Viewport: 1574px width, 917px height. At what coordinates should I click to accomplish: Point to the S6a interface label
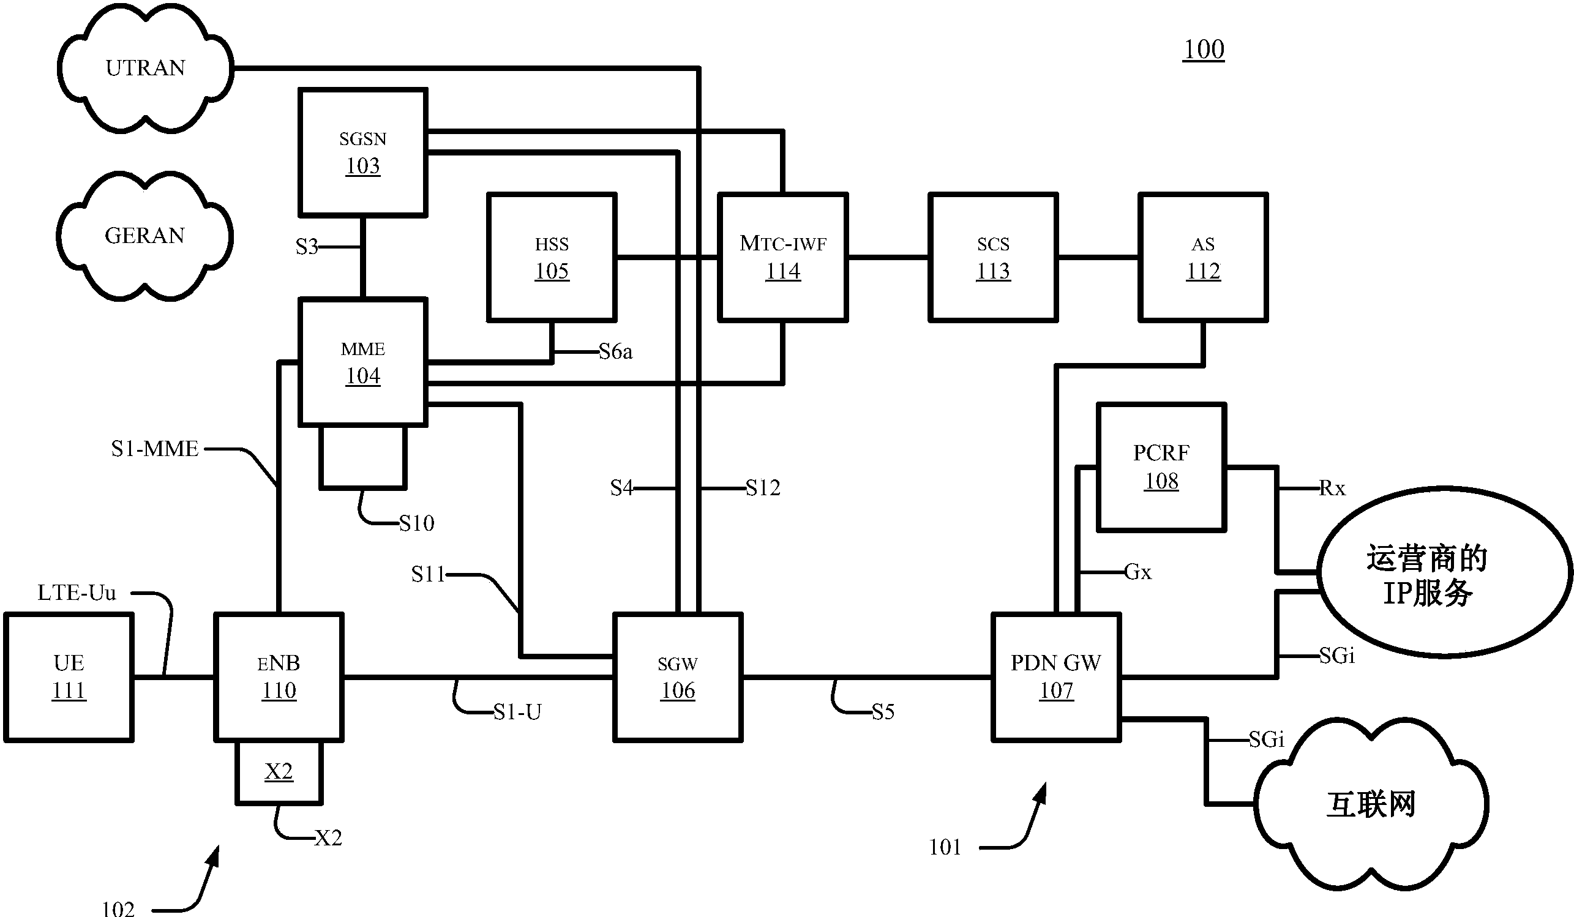pos(615,352)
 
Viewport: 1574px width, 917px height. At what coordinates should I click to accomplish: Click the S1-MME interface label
pos(155,449)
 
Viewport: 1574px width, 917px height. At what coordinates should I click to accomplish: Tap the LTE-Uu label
pos(77,592)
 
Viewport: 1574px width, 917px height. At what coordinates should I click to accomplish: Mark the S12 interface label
pos(763,487)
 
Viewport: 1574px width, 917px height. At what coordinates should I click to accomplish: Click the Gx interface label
pos(1138,572)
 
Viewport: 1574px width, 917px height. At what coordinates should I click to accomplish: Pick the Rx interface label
pos(1332,488)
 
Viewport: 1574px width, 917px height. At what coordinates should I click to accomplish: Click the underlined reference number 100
pos(1204,50)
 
